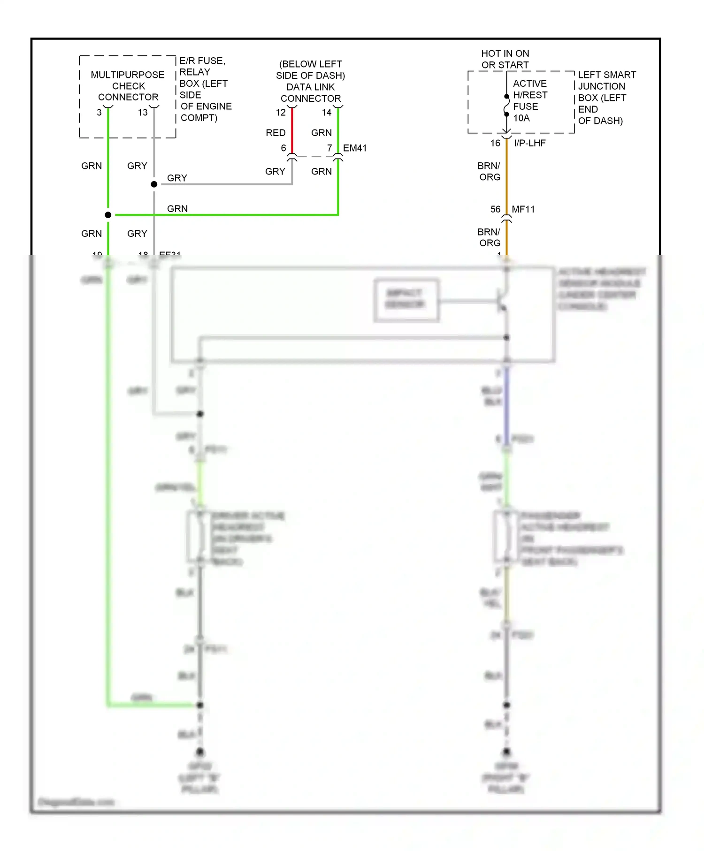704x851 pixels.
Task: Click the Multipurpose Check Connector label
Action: (x=128, y=86)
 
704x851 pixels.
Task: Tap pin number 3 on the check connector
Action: (x=99, y=113)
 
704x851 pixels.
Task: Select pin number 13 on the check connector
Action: (x=143, y=113)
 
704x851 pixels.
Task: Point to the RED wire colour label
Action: (x=275, y=133)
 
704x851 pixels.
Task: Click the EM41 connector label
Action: (x=355, y=148)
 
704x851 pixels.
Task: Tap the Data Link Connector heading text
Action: (x=311, y=81)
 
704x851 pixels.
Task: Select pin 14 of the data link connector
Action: (x=327, y=113)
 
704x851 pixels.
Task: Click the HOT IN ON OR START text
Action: (x=505, y=59)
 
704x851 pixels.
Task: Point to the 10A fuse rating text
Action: (x=521, y=118)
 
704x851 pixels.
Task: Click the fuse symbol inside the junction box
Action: (x=506, y=106)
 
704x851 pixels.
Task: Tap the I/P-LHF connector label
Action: (x=530, y=143)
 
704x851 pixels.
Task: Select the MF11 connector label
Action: (x=523, y=209)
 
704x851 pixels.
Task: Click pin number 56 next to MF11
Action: (x=496, y=209)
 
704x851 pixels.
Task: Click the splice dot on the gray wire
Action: (x=154, y=184)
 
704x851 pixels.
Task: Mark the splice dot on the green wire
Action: (x=108, y=215)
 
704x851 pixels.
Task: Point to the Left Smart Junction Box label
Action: (x=606, y=98)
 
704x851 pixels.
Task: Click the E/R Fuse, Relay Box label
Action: (x=205, y=89)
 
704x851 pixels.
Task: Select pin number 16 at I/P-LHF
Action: (x=496, y=143)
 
